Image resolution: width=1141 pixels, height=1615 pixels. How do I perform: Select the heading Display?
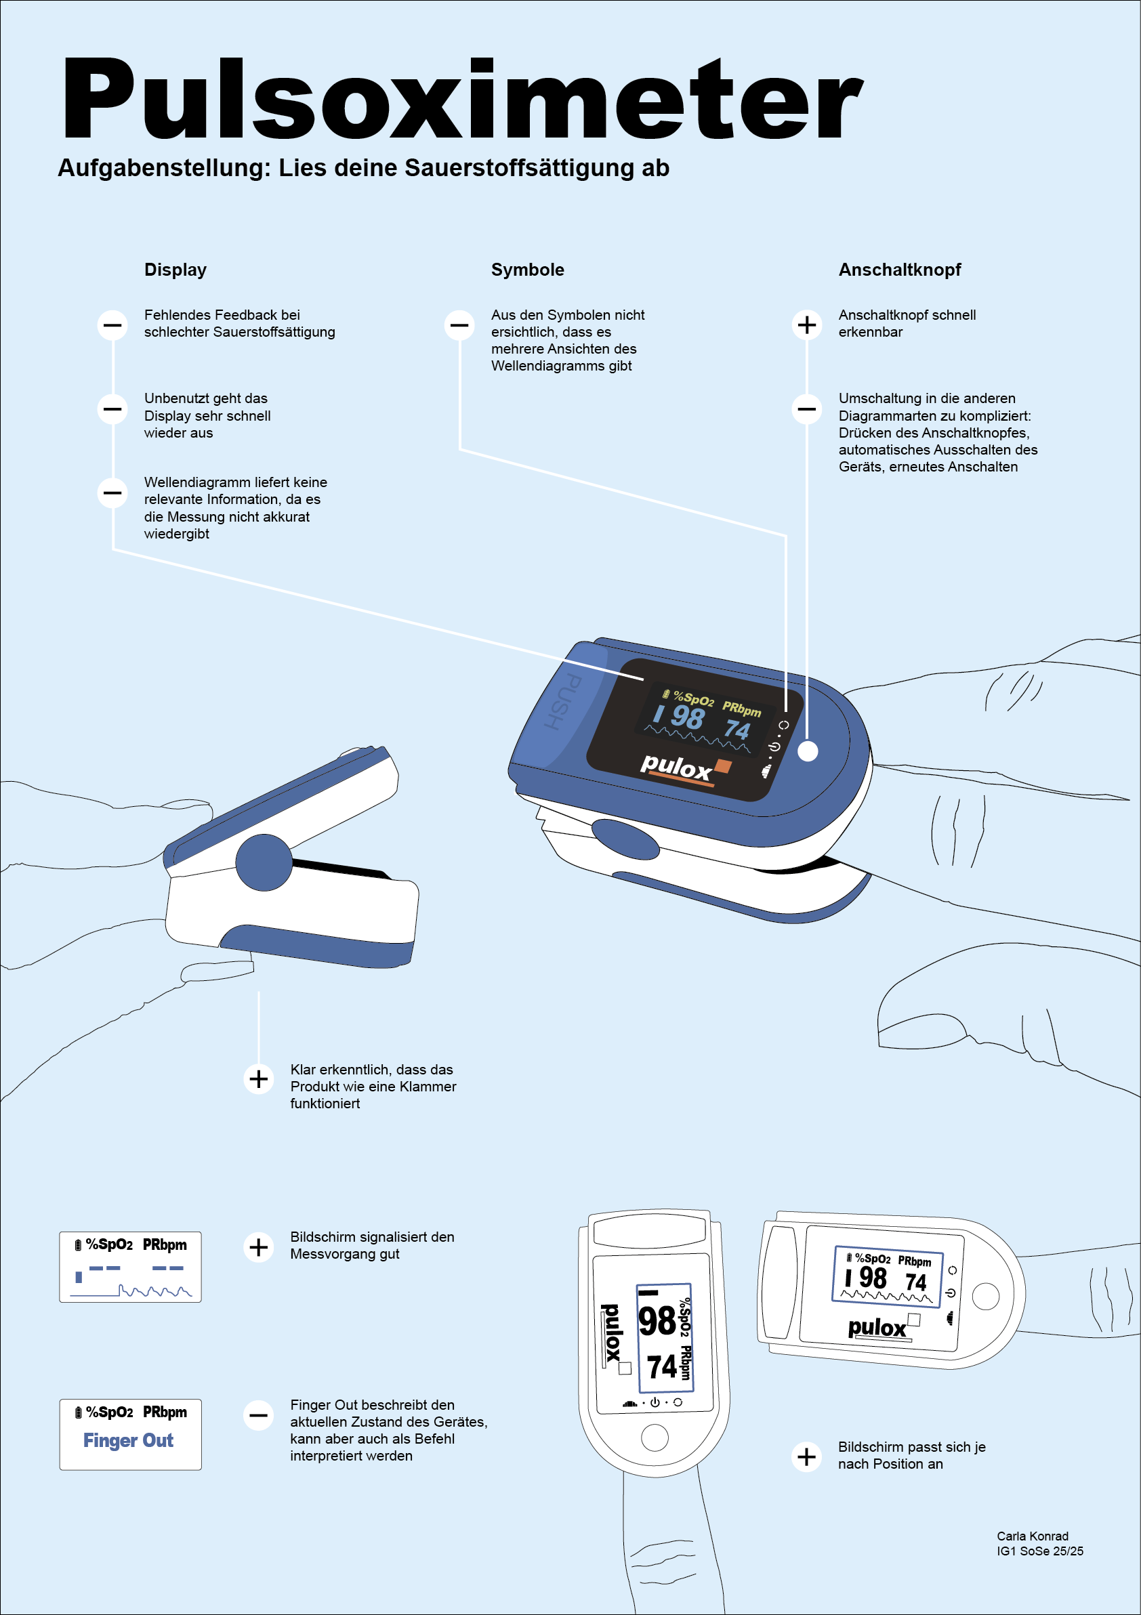[175, 270]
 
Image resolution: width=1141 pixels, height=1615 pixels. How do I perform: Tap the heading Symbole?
[527, 270]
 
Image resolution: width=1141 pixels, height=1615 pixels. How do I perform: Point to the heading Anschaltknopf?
[899, 270]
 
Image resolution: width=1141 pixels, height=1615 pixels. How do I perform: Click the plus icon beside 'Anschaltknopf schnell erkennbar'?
[807, 324]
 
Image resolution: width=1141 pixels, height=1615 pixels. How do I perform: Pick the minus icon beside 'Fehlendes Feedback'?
[112, 325]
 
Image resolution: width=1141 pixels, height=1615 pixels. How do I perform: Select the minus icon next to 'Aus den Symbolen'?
[459, 325]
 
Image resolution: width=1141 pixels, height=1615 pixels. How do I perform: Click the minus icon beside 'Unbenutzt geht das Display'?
[112, 408]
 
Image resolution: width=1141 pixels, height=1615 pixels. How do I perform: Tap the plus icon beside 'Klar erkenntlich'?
[259, 1078]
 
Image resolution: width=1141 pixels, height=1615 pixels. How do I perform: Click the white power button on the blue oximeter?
[808, 751]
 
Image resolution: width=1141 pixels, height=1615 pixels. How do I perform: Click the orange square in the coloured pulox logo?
[722, 766]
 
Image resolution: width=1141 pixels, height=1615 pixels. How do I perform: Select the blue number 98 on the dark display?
[687, 717]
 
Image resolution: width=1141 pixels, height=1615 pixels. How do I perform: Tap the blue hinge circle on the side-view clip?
[264, 862]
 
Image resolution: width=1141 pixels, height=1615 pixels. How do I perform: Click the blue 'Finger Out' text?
[128, 1440]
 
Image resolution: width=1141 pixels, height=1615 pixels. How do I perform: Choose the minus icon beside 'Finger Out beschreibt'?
[259, 1415]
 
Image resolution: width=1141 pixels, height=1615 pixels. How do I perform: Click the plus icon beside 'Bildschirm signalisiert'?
[259, 1247]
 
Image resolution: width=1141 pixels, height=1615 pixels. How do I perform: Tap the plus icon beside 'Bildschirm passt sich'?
[807, 1456]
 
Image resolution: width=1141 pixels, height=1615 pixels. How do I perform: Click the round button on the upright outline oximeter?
[655, 1438]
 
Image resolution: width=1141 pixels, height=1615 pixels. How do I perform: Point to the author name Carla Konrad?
[1032, 1536]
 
